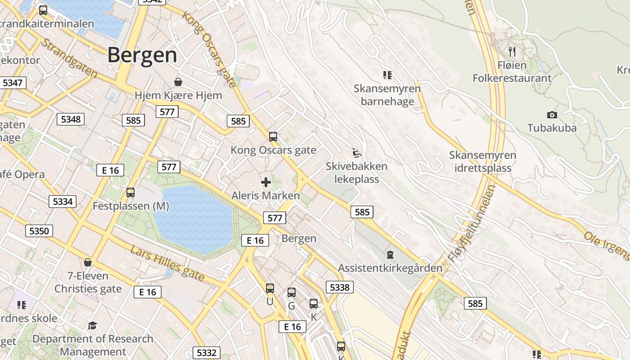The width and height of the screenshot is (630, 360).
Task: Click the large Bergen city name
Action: coord(142,55)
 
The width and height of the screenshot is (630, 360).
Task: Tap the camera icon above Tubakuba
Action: coord(552,115)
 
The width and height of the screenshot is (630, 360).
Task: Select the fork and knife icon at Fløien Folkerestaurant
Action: coord(512,51)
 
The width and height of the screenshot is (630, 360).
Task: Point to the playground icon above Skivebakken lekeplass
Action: coord(356,153)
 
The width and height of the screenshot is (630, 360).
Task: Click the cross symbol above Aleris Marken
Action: coord(266,182)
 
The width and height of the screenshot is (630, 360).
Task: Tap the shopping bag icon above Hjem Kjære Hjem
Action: coord(178,82)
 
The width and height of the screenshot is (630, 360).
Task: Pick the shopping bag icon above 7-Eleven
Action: coord(88,262)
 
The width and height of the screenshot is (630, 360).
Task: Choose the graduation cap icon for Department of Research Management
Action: coord(92,325)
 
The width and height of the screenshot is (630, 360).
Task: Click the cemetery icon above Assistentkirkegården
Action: coord(390,255)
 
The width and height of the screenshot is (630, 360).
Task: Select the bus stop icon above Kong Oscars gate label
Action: coord(273,137)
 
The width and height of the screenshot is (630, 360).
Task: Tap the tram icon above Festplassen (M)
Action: coord(130,193)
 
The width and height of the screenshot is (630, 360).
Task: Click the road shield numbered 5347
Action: coord(12,83)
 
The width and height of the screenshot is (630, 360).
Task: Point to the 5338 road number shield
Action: coord(339,287)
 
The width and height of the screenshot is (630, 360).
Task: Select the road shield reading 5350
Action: coord(39,231)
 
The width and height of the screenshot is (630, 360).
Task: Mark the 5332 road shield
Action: coord(207,352)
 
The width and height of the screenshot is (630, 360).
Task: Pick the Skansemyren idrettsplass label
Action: coord(482,162)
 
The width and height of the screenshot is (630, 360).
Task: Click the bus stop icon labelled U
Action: coord(270,288)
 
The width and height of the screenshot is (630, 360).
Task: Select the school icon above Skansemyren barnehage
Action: coord(387,75)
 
